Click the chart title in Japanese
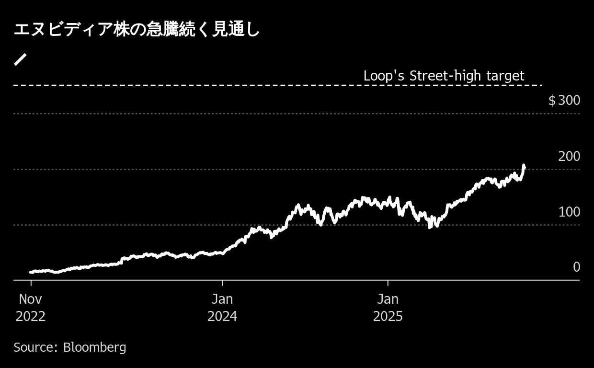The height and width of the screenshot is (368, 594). [x=137, y=30]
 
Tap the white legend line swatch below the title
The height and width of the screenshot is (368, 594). [x=20, y=59]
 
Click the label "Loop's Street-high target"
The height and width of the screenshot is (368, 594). [x=444, y=76]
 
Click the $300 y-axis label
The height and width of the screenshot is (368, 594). [x=564, y=101]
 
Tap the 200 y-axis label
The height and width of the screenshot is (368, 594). [x=569, y=156]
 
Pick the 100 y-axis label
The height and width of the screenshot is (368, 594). [x=569, y=212]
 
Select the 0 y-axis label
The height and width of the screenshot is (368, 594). [x=576, y=267]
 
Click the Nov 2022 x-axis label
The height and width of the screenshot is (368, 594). [x=31, y=308]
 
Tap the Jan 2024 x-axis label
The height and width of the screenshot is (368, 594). [x=222, y=308]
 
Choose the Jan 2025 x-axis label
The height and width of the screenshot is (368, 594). [x=388, y=308]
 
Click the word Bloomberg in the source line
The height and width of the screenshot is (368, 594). [x=94, y=347]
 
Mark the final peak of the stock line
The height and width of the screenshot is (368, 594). [x=524, y=166]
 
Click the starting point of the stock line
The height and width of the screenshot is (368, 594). [x=31, y=272]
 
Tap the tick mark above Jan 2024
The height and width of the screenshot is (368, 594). [x=222, y=283]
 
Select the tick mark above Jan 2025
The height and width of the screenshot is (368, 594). [x=388, y=283]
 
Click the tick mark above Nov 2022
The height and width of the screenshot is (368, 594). [x=31, y=283]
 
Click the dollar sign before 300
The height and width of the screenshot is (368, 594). [x=552, y=101]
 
